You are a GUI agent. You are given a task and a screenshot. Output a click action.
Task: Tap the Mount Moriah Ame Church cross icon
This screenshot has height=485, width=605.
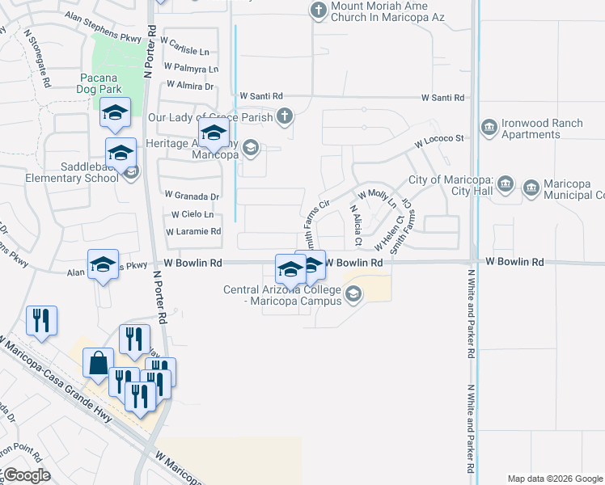point(318,11)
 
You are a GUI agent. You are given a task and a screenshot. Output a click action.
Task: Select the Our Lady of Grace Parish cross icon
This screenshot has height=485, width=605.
point(284,117)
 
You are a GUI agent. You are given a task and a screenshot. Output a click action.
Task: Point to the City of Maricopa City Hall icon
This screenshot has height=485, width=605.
point(506,184)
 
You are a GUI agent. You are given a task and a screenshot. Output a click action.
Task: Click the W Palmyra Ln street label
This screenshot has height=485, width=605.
point(191,69)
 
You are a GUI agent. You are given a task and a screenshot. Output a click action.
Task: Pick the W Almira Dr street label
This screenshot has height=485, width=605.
point(190,86)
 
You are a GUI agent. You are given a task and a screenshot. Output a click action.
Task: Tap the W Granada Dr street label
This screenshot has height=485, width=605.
point(192,196)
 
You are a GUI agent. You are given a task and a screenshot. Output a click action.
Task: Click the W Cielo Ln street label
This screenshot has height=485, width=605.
point(192,214)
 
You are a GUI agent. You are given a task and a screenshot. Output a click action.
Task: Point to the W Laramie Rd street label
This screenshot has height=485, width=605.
point(193,231)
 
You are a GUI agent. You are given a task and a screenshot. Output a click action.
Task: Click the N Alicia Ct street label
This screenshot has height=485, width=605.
point(355,224)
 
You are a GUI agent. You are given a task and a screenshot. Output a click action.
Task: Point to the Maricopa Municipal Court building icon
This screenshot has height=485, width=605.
point(531,188)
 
